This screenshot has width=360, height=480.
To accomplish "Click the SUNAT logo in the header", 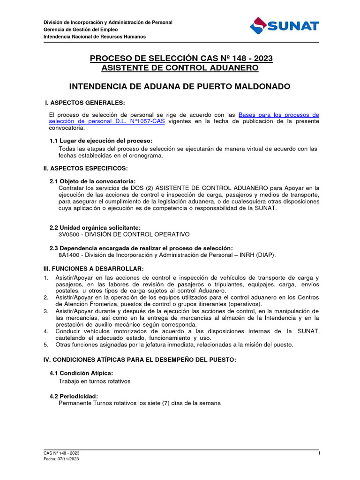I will [284, 26].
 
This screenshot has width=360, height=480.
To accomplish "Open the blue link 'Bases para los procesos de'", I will [279, 115].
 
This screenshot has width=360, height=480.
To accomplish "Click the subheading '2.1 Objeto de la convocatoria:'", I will [93, 181].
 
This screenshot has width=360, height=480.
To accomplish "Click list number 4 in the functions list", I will [46, 331].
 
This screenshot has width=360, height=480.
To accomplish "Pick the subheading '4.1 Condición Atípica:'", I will [81, 373].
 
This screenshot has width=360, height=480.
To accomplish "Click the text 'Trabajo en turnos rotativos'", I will [94, 381].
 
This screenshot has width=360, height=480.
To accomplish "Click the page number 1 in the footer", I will [319, 453].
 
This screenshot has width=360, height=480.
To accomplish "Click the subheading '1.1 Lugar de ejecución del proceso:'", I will [101, 141].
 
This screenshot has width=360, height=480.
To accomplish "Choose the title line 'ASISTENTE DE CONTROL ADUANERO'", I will [180, 68].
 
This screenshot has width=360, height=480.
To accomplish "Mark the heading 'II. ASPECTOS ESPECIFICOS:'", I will [86, 168].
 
